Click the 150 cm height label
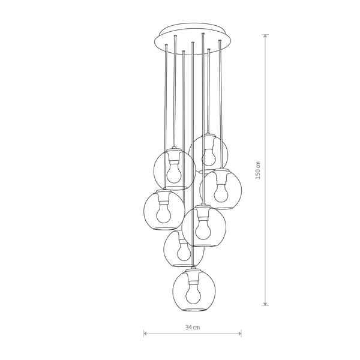[258, 170]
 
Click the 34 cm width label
[193, 327]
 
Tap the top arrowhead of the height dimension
[265, 36]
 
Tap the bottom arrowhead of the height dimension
[265, 304]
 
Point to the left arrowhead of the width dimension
[145, 334]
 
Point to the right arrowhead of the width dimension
[239, 334]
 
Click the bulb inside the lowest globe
[193, 296]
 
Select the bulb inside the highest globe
[209, 157]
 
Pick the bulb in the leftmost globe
[164, 214]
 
